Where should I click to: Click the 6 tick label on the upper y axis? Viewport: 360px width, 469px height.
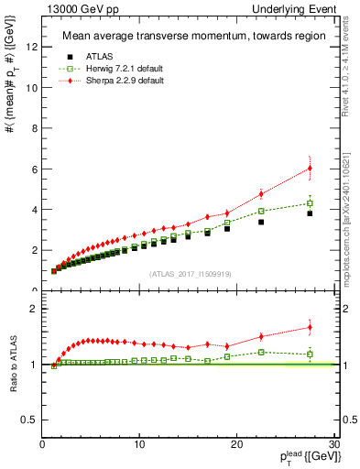pos(36,169)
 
